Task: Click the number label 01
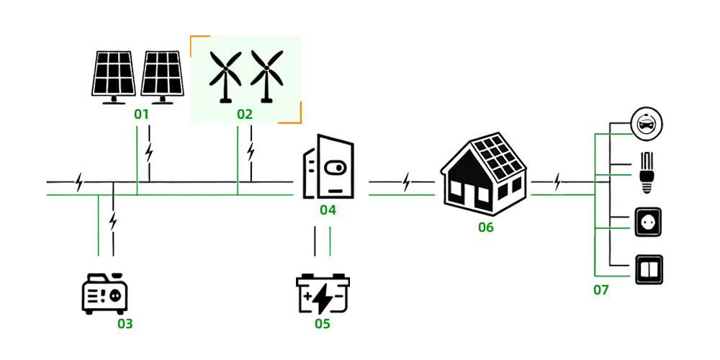[x=141, y=114]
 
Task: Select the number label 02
[x=246, y=114]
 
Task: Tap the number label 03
[x=125, y=323]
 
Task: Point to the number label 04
[x=328, y=210]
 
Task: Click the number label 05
[x=323, y=323]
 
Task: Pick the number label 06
[x=486, y=228]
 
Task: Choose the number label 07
[x=601, y=290]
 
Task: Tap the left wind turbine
[x=225, y=76]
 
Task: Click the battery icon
[x=323, y=294]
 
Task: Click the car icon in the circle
[x=646, y=124]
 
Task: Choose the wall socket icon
[x=647, y=223]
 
